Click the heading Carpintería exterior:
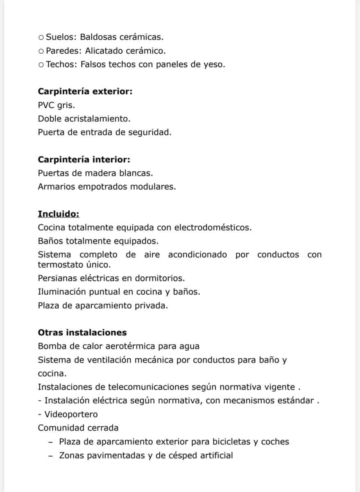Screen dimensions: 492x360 coord(85,91)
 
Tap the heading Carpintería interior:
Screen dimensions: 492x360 coord(84,159)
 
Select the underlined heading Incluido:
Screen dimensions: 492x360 coord(59,214)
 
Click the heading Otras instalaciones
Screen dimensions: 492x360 coord(82,333)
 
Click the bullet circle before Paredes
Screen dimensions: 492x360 coord(41,51)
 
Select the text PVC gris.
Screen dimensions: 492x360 coord(57,105)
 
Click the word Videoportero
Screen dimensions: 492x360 coord(71,415)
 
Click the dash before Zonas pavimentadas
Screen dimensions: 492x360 coord(50,455)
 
